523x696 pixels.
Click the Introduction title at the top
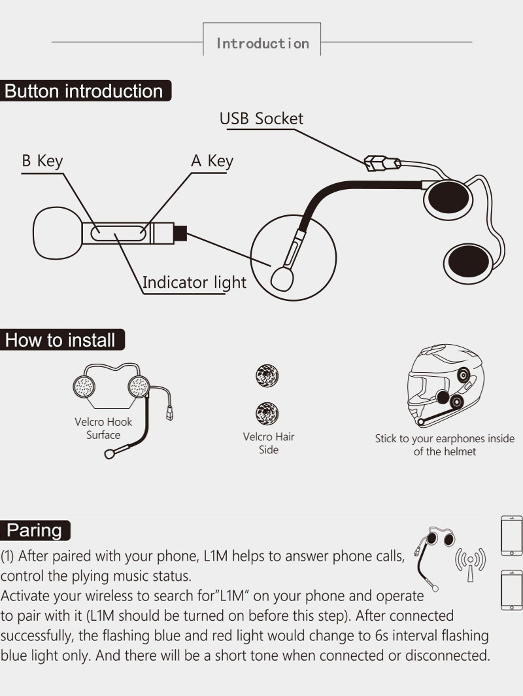262,43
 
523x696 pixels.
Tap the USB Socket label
261,118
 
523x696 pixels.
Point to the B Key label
42,162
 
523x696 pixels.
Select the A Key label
211,162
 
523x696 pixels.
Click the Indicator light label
194,283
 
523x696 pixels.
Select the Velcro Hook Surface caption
103,428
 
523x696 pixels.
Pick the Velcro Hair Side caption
268,443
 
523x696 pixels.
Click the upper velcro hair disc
267,376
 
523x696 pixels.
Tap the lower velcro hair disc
267,411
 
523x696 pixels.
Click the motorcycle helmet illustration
445,386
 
